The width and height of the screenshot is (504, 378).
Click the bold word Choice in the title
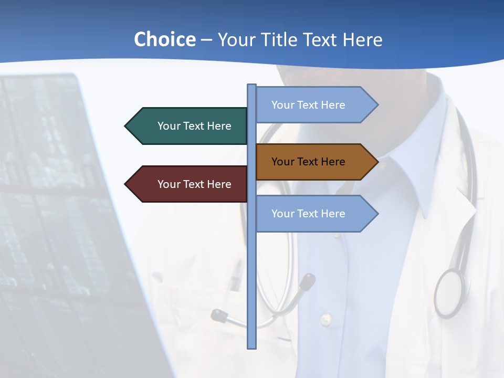[164, 39]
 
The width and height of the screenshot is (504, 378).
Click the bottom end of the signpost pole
[252, 346]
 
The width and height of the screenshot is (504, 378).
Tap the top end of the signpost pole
[252, 86]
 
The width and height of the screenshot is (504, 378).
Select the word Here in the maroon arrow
[219, 184]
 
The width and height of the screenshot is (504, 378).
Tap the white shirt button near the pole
[326, 319]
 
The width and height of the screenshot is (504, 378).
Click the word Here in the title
[362, 39]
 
